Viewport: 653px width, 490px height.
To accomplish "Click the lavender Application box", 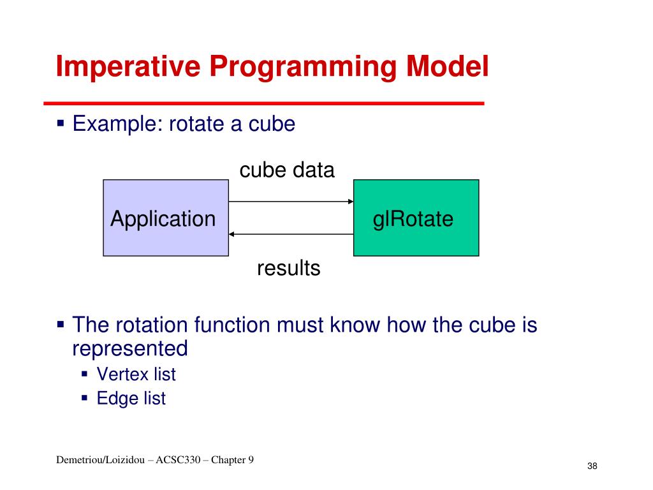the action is [x=165, y=218].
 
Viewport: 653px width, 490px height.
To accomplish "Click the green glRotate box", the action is [x=416, y=218].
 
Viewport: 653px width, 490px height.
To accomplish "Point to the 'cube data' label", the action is [x=287, y=170].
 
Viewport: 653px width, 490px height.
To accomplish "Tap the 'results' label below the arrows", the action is [x=288, y=269].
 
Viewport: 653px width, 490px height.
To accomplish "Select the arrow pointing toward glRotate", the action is [x=291, y=202].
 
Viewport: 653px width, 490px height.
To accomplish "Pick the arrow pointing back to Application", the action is [x=291, y=234].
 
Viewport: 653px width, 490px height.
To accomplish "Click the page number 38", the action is [x=592, y=467].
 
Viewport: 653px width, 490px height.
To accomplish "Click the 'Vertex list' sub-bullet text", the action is [x=136, y=374].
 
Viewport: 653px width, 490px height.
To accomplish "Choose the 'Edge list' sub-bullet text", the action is [x=131, y=399].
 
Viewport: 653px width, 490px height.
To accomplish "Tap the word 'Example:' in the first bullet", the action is [x=117, y=123].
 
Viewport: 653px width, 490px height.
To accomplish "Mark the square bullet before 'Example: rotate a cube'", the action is [x=61, y=122].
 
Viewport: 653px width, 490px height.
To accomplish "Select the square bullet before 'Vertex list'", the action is [x=85, y=373].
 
